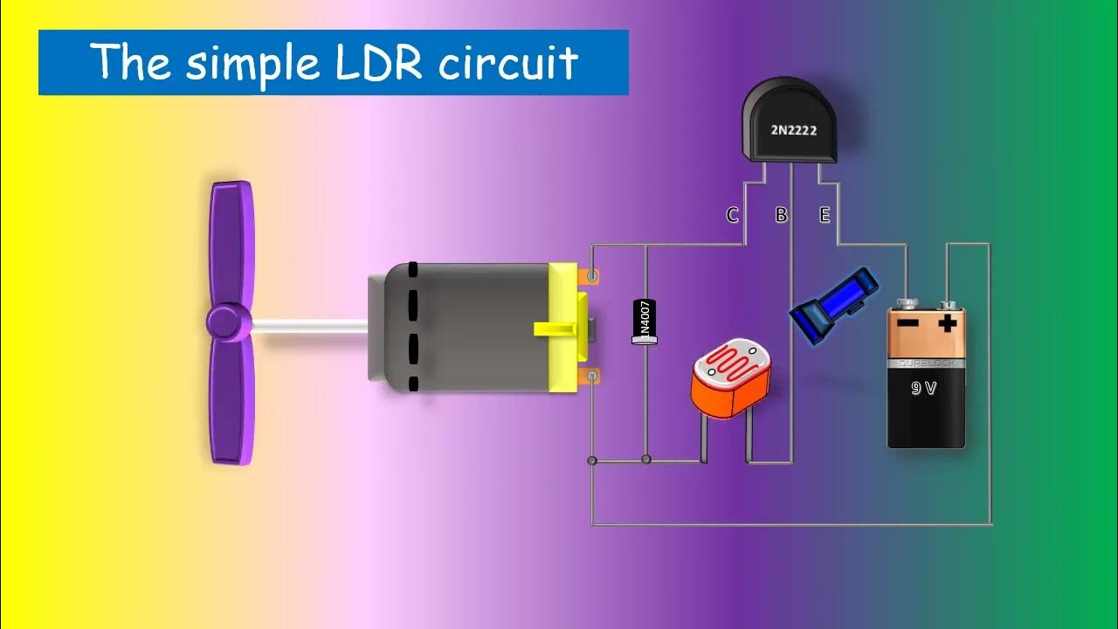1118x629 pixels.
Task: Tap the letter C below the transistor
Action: pos(733,215)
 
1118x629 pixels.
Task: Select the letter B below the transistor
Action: pos(781,215)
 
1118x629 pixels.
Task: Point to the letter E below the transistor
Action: pos(825,215)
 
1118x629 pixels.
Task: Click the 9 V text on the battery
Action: pos(923,388)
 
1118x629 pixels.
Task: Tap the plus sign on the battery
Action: pos(948,325)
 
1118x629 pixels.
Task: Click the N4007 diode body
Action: pos(645,321)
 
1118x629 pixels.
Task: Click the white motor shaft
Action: pos(310,326)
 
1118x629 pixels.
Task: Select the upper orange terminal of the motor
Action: pos(592,277)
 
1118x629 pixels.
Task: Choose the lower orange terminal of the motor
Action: pos(592,377)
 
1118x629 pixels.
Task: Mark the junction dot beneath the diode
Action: pos(646,460)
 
